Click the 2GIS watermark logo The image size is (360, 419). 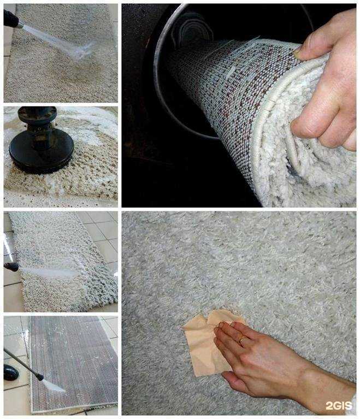click(339, 406)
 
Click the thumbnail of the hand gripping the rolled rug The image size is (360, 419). click(239, 105)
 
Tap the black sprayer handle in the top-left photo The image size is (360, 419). click(10, 19)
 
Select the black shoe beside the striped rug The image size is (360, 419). click(10, 372)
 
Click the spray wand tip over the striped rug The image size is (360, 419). click(40, 377)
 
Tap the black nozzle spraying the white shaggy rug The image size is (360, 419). click(11, 267)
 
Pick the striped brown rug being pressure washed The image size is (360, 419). click(74, 365)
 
